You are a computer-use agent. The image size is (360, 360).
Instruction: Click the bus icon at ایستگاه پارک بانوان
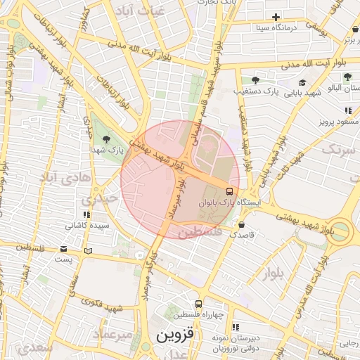click(229, 191)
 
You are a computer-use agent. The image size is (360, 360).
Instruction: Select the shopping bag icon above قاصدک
click(242, 225)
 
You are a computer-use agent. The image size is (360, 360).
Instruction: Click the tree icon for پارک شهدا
click(106, 139)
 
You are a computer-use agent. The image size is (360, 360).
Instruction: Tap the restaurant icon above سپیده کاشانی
click(86, 214)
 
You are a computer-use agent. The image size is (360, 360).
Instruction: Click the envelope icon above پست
click(64, 248)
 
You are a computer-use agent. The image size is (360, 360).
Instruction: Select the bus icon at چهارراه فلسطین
click(199, 303)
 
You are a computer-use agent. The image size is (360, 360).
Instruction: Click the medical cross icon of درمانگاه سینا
click(276, 17)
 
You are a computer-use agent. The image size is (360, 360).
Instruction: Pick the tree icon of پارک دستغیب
click(254, 80)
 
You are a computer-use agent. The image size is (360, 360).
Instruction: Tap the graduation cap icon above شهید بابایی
click(302, 82)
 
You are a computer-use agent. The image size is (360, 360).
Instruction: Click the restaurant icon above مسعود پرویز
click(347, 110)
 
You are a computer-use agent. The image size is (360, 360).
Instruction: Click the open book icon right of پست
click(88, 250)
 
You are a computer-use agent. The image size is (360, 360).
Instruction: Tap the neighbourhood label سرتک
click(335, 148)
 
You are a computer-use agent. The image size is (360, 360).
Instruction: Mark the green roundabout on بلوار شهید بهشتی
click(341, 231)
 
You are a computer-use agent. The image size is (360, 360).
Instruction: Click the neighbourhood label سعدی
click(35, 348)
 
